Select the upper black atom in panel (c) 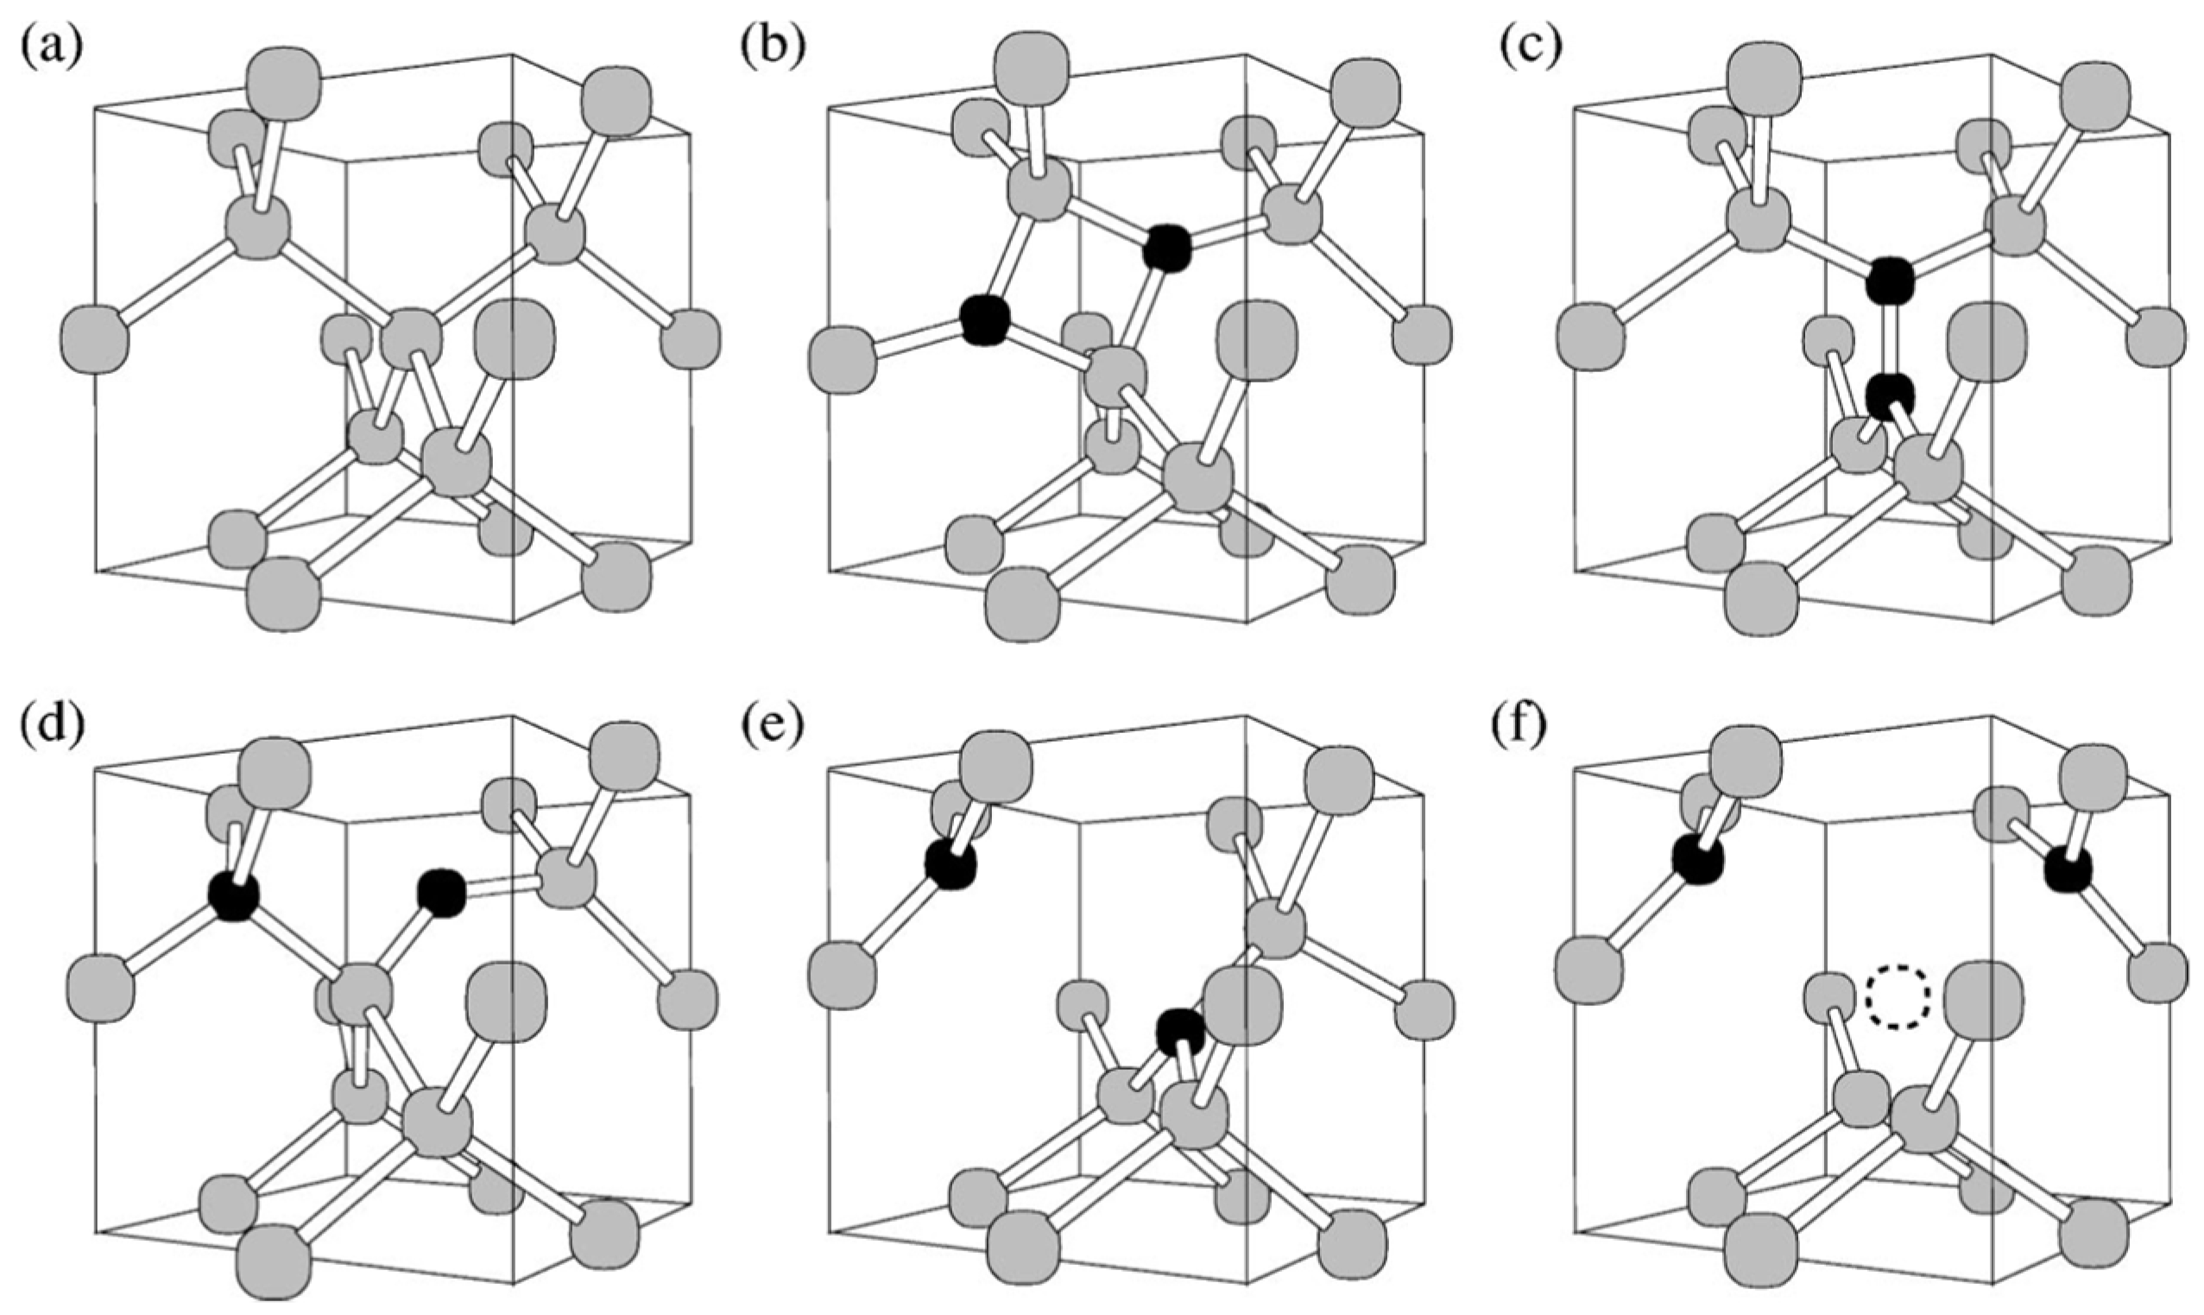click(x=1890, y=284)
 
